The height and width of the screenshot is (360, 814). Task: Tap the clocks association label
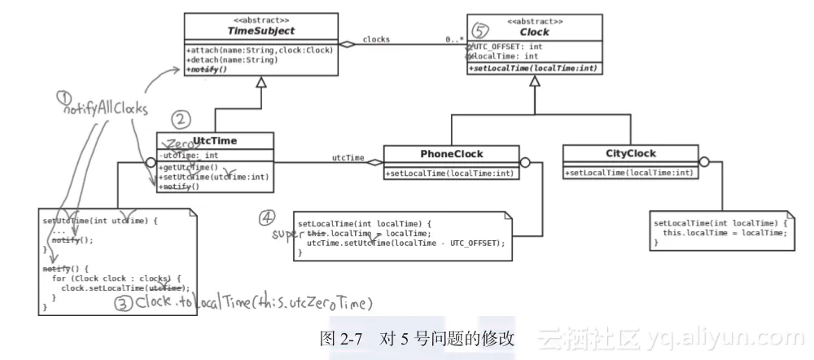click(x=375, y=38)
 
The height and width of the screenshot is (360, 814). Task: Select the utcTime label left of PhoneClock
click(x=348, y=157)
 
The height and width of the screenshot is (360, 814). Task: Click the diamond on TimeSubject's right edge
click(x=348, y=45)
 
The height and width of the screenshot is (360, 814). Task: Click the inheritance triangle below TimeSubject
click(x=260, y=81)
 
